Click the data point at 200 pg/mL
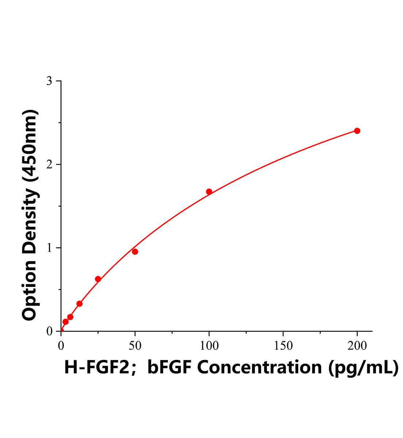pyautogui.click(x=357, y=131)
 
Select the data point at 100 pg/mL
pyautogui.click(x=209, y=192)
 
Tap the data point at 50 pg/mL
pyautogui.click(x=135, y=251)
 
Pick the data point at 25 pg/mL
pyautogui.click(x=98, y=279)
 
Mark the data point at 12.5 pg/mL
pyautogui.click(x=80, y=304)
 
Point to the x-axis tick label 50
pyautogui.click(x=135, y=346)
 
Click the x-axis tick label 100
pyautogui.click(x=209, y=346)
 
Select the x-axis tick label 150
pyautogui.click(x=283, y=346)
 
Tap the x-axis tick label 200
pyautogui.click(x=357, y=346)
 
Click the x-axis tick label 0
pyautogui.click(x=61, y=346)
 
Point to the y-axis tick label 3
pyautogui.click(x=49, y=81)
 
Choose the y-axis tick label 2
pyautogui.click(x=49, y=165)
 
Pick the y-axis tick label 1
pyautogui.click(x=49, y=248)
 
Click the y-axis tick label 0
pyautogui.click(x=49, y=331)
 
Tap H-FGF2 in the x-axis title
pyautogui.click(x=97, y=367)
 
